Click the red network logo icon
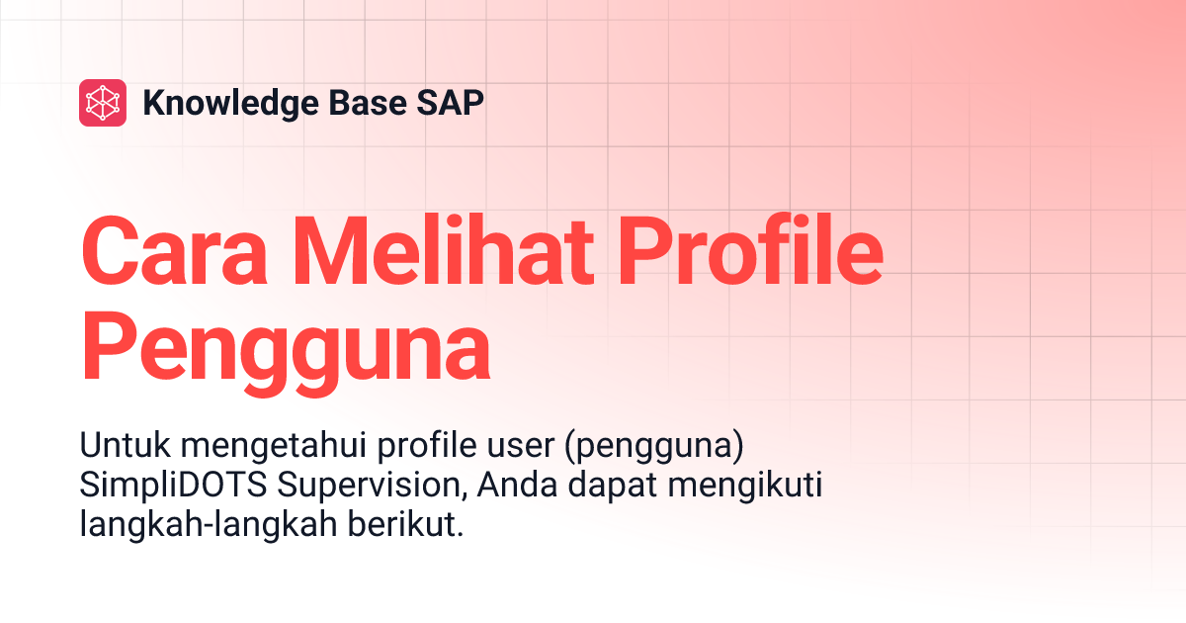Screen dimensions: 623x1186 coord(103,102)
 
